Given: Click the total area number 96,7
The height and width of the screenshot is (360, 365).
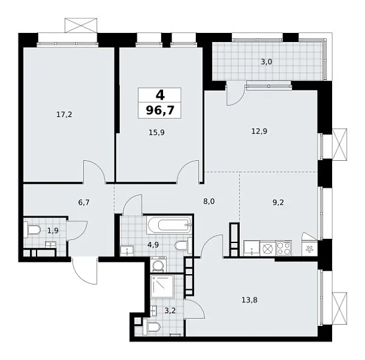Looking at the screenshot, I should [159, 110].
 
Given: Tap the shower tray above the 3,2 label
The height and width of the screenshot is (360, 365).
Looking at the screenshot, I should [165, 287].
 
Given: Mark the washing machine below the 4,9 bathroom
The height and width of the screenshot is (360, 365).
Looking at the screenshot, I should [159, 266].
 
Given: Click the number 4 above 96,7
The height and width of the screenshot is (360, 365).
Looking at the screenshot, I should [159, 95].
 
